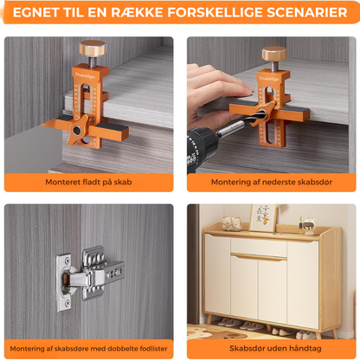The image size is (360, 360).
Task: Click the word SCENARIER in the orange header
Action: (306, 12)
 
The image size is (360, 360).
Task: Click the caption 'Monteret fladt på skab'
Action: (88, 182)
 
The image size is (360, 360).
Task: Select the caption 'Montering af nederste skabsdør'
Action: (272, 182)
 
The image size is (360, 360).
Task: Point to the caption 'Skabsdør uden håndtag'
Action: (275, 349)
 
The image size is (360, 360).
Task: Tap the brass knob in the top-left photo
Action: (93, 48)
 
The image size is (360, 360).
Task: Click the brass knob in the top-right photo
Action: (274, 54)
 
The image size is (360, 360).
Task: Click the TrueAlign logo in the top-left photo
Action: (85, 76)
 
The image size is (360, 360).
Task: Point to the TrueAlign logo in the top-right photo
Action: (269, 79)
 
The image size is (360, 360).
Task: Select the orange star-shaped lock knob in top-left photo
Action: (78, 130)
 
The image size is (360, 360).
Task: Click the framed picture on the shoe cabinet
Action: (263, 218)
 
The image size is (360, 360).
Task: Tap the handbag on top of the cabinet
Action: (232, 223)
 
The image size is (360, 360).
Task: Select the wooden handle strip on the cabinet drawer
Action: (259, 257)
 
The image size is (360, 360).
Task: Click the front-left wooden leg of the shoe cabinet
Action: (209, 318)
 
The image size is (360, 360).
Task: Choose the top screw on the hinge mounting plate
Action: (67, 260)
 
